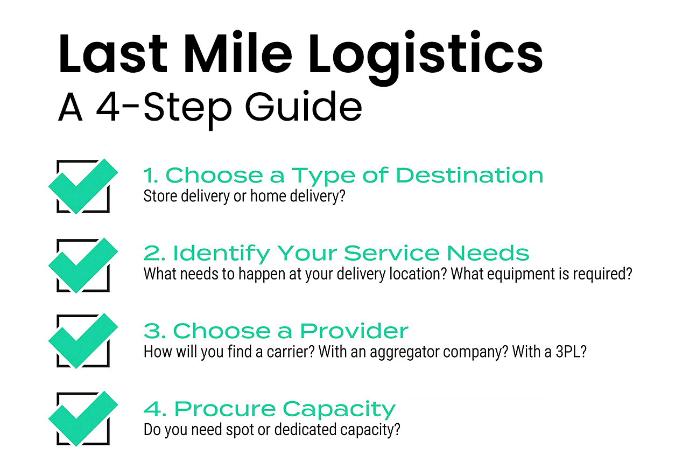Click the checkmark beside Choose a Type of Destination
pos(83,185)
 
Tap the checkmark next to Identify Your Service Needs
pos(83,264)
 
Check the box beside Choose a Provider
pos(83,341)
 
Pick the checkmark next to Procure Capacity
pos(83,418)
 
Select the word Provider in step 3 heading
pos(354,331)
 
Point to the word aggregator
pos(399,353)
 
